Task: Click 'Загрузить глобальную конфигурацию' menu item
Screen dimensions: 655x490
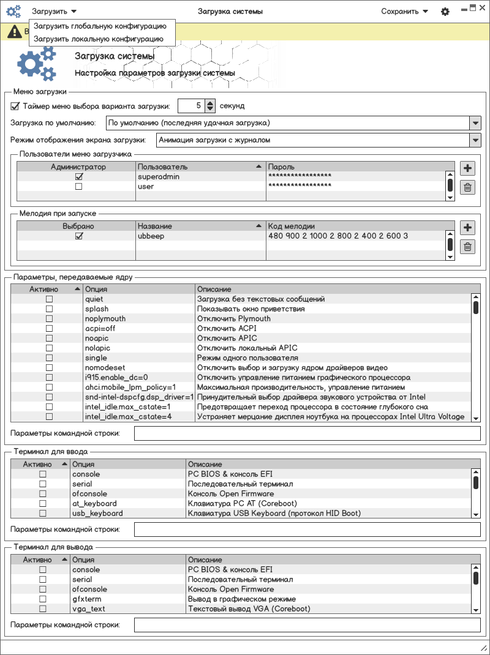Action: point(100,26)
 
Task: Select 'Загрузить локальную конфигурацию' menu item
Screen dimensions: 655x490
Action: point(99,39)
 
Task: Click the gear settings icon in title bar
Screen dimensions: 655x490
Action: point(445,12)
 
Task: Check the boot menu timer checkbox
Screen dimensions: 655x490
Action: point(15,106)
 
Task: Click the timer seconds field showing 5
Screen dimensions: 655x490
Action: point(190,106)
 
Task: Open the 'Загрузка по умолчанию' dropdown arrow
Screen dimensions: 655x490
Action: point(475,123)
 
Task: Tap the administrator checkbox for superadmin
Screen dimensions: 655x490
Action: point(78,177)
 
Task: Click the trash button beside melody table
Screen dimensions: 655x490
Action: point(467,247)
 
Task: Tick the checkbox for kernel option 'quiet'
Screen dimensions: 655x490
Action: point(50,299)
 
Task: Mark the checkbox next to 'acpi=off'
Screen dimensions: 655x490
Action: point(50,329)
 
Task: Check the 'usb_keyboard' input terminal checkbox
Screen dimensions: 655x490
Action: point(43,514)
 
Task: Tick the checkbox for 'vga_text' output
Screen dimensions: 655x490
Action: point(43,609)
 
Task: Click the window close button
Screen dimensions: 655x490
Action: point(483,7)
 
